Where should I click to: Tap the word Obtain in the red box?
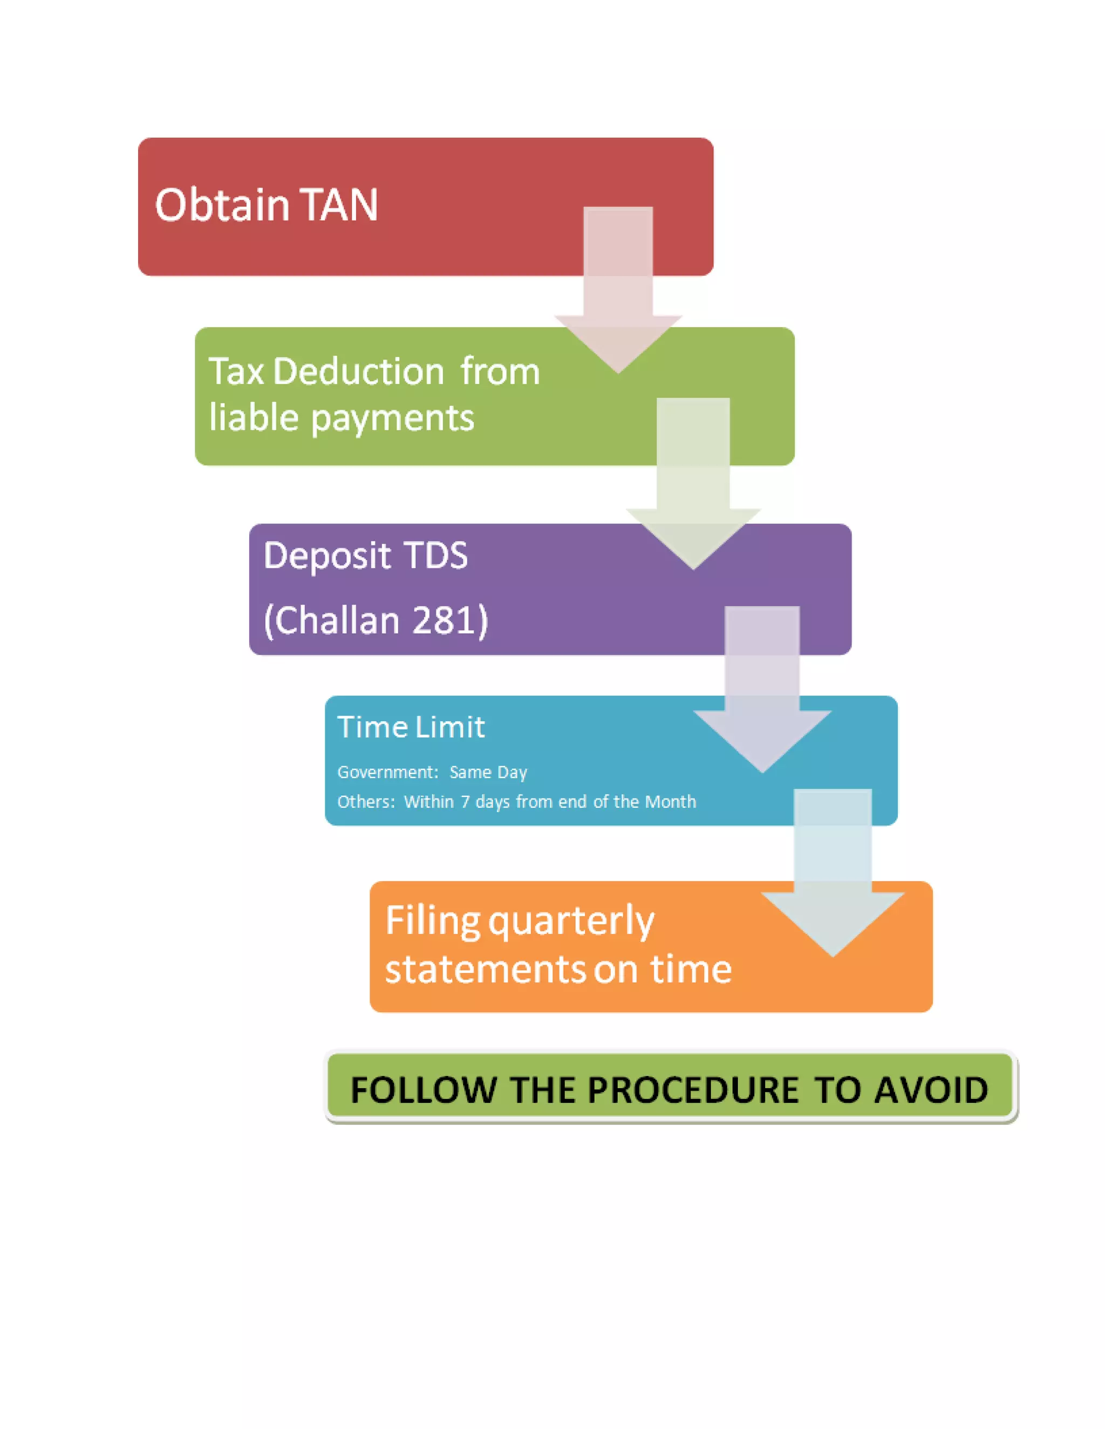(x=222, y=205)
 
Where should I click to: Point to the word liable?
(x=254, y=417)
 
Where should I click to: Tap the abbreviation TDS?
(x=436, y=555)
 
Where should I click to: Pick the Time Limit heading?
(x=411, y=727)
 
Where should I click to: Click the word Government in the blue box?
(x=387, y=773)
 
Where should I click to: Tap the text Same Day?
(x=488, y=773)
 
